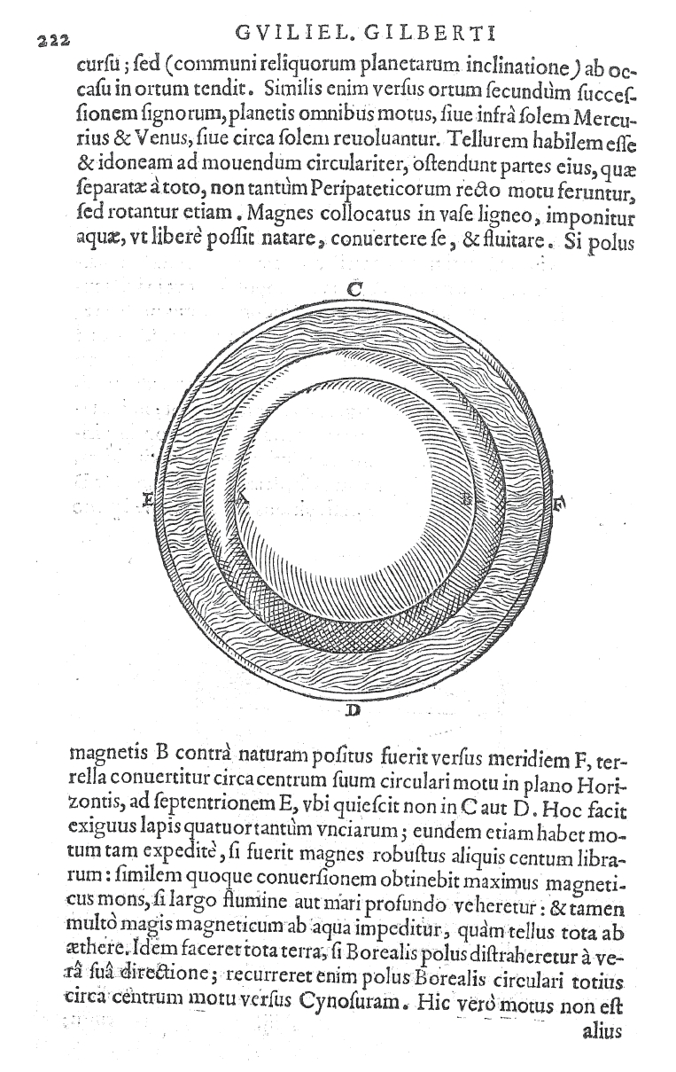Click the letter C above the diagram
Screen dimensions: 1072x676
tap(353, 288)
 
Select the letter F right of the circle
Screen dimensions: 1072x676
tap(559, 504)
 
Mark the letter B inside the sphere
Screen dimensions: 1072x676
tap(469, 498)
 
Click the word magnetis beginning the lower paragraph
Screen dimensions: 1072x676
tap(108, 761)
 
